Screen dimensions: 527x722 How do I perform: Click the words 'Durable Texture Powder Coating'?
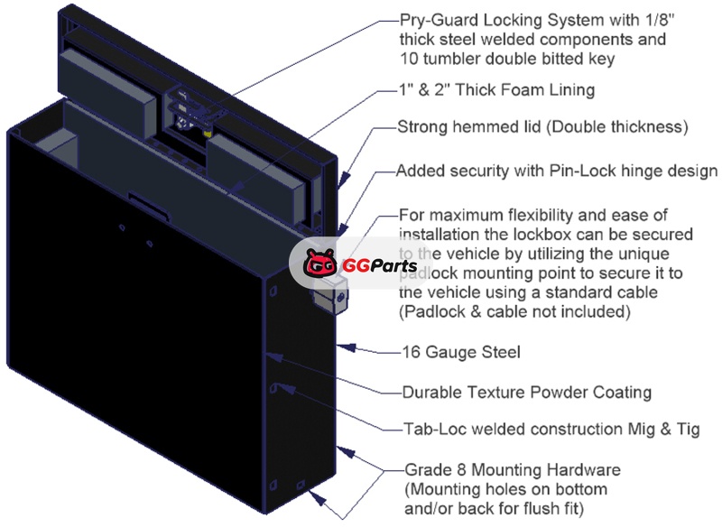pos(527,393)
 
